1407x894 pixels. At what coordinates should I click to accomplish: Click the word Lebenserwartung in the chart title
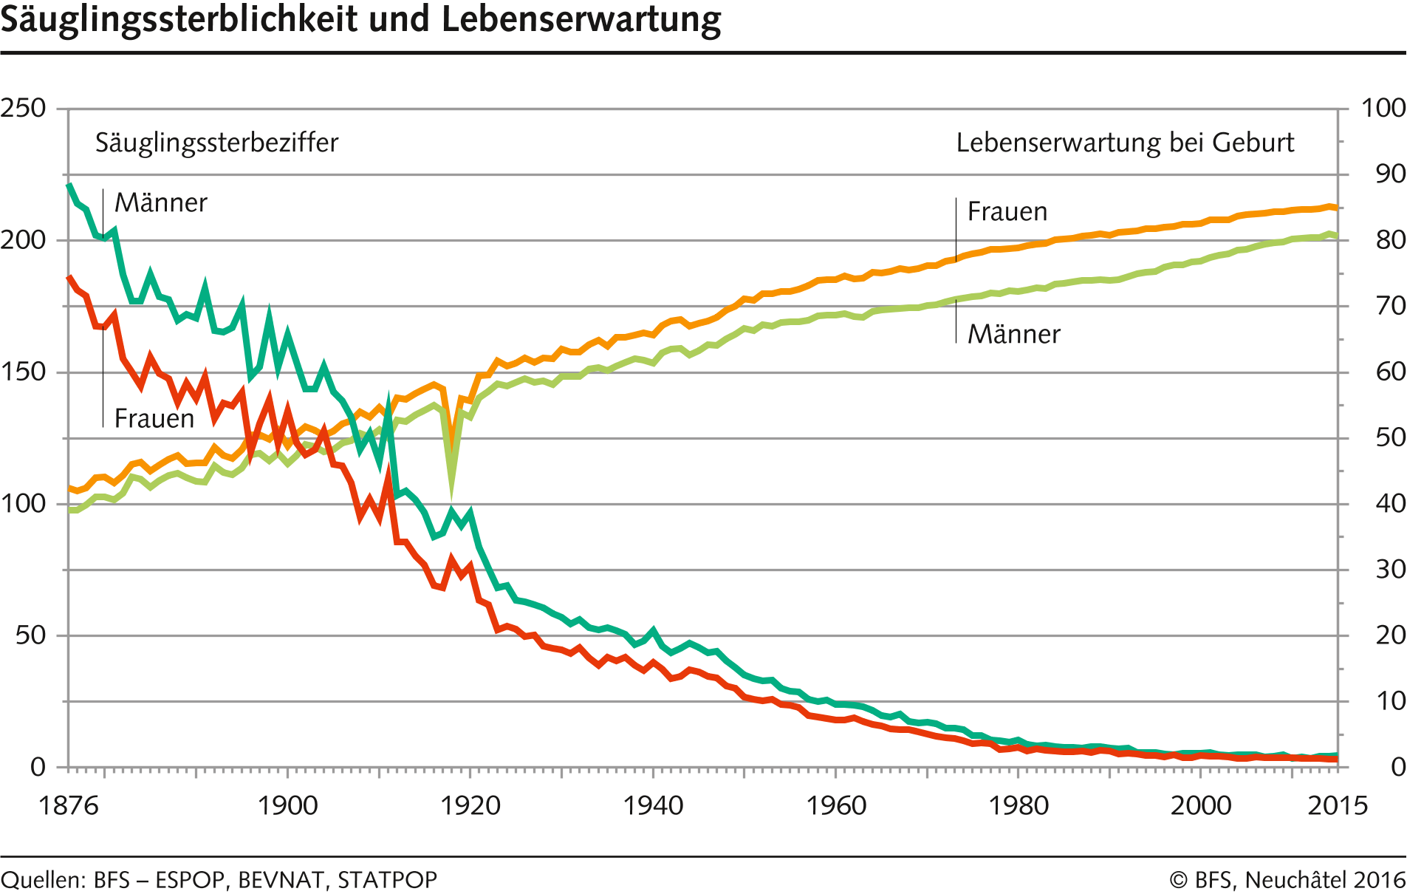click(581, 20)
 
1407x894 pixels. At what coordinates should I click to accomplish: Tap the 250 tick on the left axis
click(23, 109)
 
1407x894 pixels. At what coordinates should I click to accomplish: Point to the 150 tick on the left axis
click(23, 372)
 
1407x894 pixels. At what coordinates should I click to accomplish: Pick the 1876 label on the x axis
click(68, 805)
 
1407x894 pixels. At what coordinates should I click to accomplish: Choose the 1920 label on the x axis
click(470, 805)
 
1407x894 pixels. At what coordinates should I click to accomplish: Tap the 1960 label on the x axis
click(835, 805)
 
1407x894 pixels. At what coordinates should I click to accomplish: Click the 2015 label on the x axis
click(1338, 805)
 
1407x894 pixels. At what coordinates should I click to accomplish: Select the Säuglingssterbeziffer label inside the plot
click(216, 143)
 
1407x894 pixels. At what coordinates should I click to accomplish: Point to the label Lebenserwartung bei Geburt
click(1125, 143)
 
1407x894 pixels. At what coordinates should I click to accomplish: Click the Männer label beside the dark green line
click(161, 203)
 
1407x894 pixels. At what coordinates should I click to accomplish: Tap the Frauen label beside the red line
click(154, 419)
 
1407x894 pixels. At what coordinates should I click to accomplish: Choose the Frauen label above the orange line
click(1007, 212)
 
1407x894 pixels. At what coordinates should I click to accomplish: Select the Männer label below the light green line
click(1014, 335)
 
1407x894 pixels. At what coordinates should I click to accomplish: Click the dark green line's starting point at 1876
click(69, 185)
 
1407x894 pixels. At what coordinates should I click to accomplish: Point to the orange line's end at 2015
click(1336, 208)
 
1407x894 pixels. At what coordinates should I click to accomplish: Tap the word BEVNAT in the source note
click(281, 880)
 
